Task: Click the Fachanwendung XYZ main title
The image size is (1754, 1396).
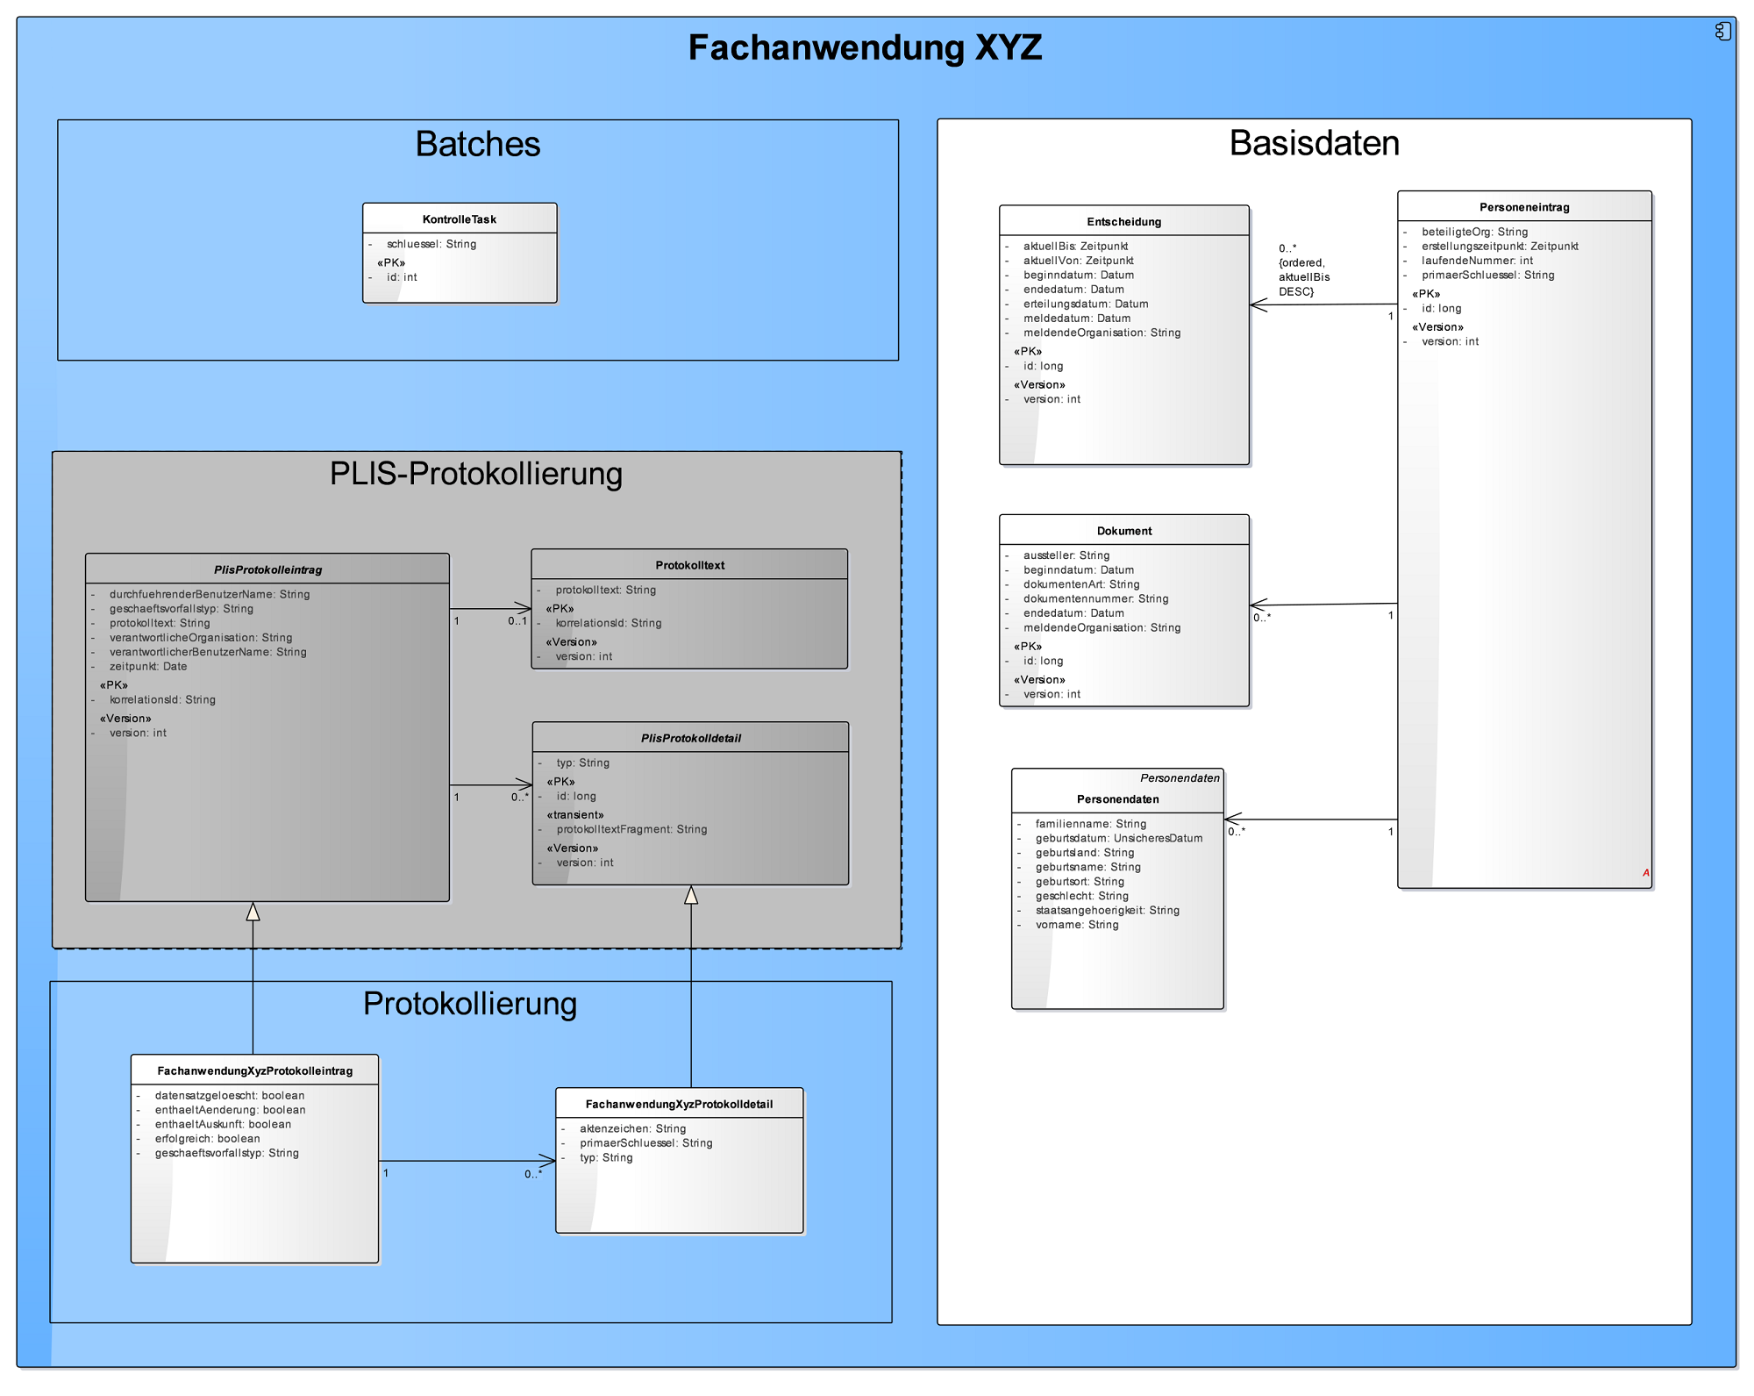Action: click(x=865, y=48)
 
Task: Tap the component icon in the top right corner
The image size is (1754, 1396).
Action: click(x=1723, y=32)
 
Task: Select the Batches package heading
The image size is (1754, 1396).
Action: click(x=477, y=145)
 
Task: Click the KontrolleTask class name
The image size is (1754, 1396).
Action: click(x=460, y=219)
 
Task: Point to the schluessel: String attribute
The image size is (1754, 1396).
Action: click(x=431, y=244)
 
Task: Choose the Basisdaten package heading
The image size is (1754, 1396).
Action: click(x=1314, y=144)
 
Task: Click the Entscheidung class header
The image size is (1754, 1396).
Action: click(x=1123, y=222)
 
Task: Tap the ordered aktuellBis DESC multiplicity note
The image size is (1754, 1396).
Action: click(x=1303, y=270)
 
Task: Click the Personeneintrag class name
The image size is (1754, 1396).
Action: click(x=1524, y=208)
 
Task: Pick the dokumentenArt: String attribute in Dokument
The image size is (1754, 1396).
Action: click(x=1080, y=584)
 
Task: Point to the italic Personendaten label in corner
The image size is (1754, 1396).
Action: click(x=1180, y=778)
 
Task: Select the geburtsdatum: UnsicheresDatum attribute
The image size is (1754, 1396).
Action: click(x=1118, y=838)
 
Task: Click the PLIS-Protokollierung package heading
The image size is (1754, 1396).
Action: click(x=475, y=475)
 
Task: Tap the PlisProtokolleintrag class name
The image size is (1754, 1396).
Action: click(x=267, y=570)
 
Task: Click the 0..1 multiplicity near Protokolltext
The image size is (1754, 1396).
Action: click(x=517, y=621)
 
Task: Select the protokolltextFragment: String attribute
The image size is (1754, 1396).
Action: click(x=631, y=829)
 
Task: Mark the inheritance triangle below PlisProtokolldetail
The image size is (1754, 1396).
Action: click(x=691, y=895)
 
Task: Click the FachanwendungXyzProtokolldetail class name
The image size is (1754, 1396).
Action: click(x=679, y=1105)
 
